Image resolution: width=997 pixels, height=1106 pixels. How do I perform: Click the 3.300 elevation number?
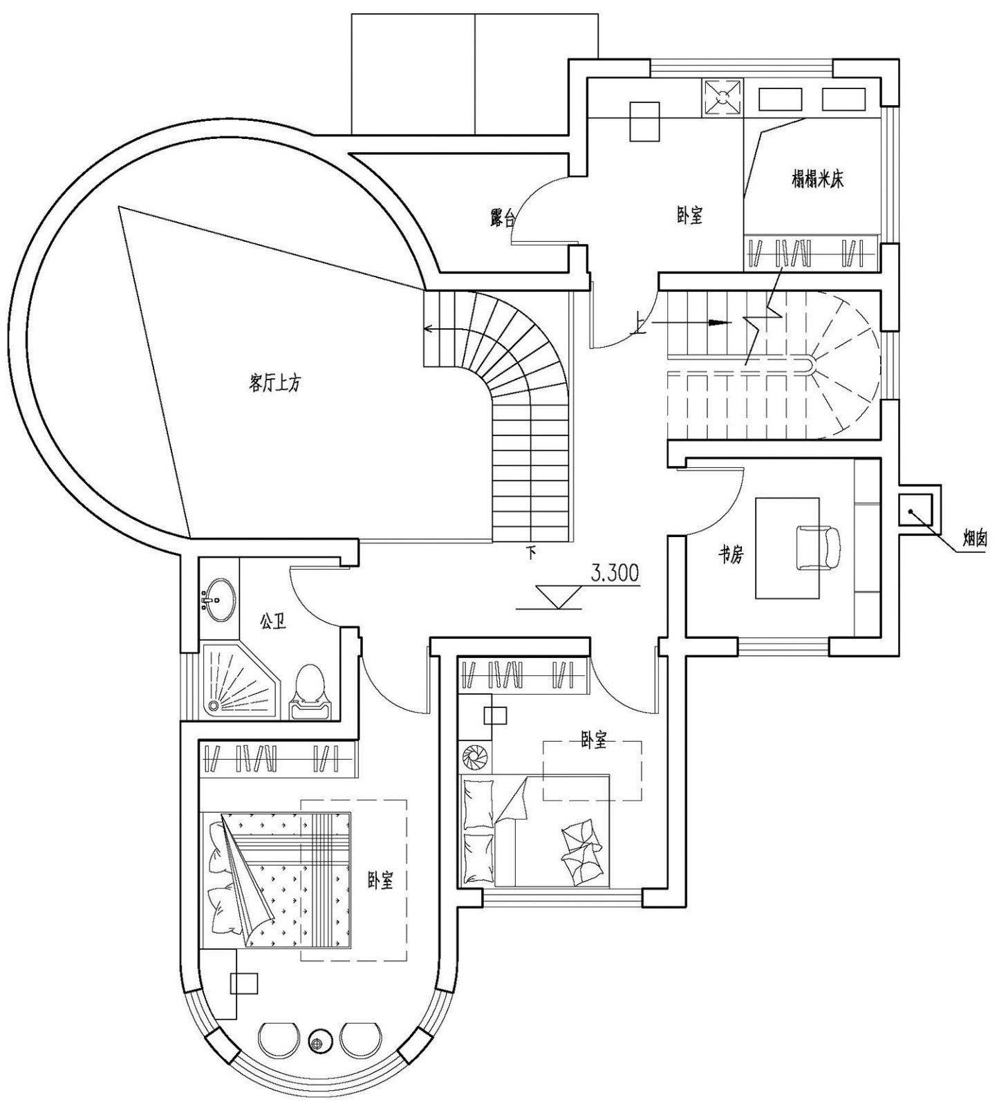tap(614, 573)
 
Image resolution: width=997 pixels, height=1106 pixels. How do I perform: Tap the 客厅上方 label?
tap(274, 383)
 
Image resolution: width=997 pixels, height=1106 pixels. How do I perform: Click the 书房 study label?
tap(732, 554)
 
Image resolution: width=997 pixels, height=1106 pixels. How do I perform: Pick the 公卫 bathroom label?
tap(273, 621)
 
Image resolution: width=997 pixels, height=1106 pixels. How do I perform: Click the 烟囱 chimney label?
tap(974, 538)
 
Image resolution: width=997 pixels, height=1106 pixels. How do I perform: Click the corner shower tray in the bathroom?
tap(239, 681)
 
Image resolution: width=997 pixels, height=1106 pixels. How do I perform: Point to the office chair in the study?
tap(819, 548)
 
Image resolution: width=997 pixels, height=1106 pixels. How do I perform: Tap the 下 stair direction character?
tap(532, 552)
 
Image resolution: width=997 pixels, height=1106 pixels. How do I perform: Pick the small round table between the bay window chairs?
tap(319, 1039)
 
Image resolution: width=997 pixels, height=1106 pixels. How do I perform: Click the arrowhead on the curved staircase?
tap(429, 329)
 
